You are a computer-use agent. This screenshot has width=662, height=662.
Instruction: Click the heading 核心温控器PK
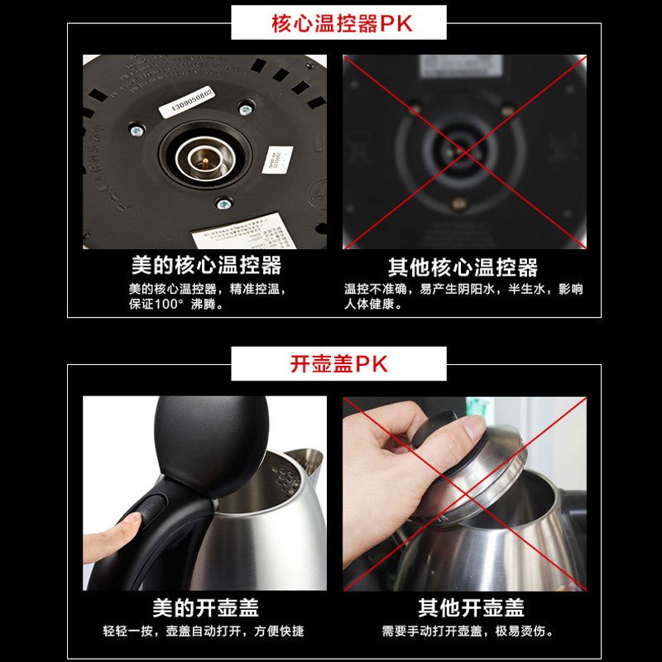point(341,22)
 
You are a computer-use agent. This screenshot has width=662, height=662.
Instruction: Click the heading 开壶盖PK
point(338,364)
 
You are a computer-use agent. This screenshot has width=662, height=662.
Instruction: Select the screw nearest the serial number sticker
point(244,108)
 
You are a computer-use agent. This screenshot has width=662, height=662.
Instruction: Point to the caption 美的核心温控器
point(206,266)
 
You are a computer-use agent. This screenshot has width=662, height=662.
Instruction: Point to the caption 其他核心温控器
point(463,267)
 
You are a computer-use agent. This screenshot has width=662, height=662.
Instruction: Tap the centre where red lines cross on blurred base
point(464,151)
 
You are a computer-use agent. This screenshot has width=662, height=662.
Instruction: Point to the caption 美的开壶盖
point(206,608)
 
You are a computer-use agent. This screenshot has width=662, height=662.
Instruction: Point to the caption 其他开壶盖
point(471,608)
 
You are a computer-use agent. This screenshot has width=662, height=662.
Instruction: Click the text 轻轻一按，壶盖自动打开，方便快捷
point(204,631)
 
